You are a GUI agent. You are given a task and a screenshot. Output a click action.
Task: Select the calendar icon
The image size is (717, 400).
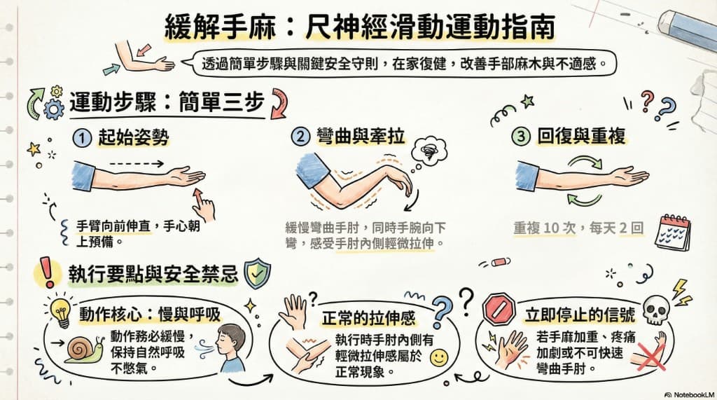(x=672, y=230)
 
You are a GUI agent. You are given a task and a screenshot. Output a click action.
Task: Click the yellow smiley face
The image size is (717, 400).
(x=438, y=358)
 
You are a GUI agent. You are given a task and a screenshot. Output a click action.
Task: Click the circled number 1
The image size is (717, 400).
(x=83, y=138)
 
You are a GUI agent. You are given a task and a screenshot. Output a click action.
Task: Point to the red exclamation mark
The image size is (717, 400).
(x=47, y=270)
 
